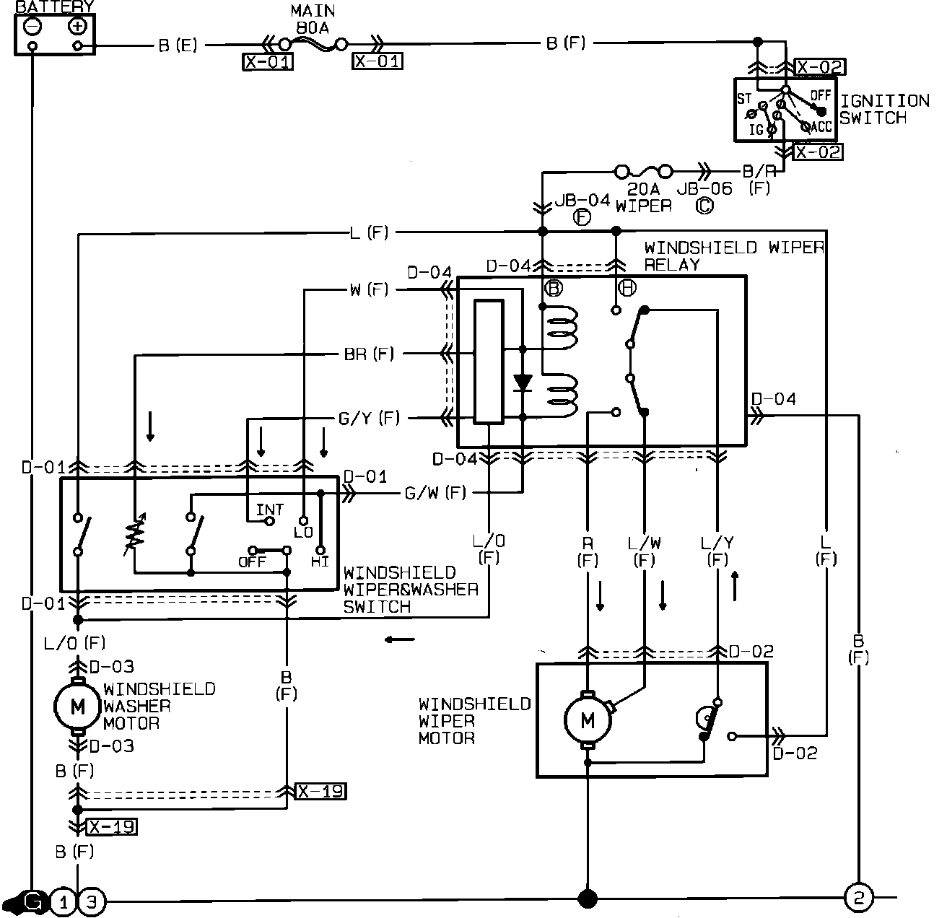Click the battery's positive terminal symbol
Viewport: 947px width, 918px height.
click(x=77, y=27)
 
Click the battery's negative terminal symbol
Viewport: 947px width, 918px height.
click(x=32, y=27)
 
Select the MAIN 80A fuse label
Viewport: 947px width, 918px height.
click(x=312, y=20)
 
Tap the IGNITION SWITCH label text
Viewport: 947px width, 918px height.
click(x=884, y=110)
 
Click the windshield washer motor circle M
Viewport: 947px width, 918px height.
click(x=78, y=707)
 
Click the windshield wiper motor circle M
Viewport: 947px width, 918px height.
click(x=588, y=719)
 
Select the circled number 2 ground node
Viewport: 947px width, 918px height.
click(x=859, y=899)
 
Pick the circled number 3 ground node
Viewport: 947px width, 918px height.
click(x=91, y=901)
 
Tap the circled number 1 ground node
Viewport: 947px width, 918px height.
click(x=64, y=901)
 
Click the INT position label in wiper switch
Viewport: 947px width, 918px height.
click(x=270, y=510)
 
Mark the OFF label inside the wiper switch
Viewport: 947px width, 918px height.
click(x=253, y=561)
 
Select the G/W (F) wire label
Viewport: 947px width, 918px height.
click(x=435, y=493)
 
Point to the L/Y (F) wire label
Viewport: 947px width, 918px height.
click(x=717, y=551)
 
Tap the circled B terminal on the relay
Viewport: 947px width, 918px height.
click(x=554, y=288)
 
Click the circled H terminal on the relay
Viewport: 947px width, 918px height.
click(x=627, y=288)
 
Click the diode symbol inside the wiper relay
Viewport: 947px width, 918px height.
click(x=522, y=382)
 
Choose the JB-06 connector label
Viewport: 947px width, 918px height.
click(x=704, y=189)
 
